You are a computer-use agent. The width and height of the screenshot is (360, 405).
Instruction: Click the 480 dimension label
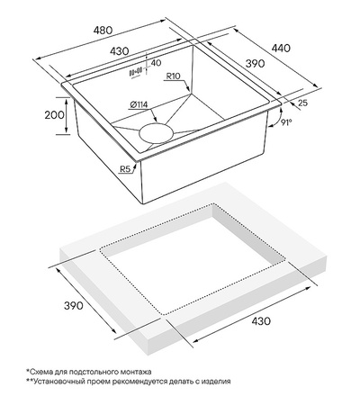coord(103,31)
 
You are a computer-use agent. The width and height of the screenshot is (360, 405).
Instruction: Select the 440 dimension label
coord(281,49)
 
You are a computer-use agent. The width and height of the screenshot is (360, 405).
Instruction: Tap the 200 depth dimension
coord(54,115)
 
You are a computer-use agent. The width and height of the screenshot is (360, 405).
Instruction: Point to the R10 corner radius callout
coord(173,76)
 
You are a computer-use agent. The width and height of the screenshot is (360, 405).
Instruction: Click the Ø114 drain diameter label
coord(139,105)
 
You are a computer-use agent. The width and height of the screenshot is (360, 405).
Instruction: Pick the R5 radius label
coord(126,169)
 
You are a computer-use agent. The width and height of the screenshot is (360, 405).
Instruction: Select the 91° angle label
coord(286,122)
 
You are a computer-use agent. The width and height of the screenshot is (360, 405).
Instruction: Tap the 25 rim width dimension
coord(303,103)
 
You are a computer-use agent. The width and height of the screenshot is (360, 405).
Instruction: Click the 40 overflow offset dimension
coord(156,63)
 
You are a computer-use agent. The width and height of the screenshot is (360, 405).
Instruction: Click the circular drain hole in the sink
coord(157,133)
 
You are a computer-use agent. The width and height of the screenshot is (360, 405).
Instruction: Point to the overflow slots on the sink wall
coord(135,72)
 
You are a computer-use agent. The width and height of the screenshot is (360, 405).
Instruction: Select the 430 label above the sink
coord(120,51)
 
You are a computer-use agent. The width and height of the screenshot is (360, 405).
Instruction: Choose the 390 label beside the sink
coord(255,64)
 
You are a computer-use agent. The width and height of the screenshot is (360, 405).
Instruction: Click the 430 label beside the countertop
coord(261,321)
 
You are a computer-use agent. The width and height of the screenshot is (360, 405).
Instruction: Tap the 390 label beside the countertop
coord(74,306)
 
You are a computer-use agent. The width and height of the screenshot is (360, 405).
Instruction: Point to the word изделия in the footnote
coord(216,382)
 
